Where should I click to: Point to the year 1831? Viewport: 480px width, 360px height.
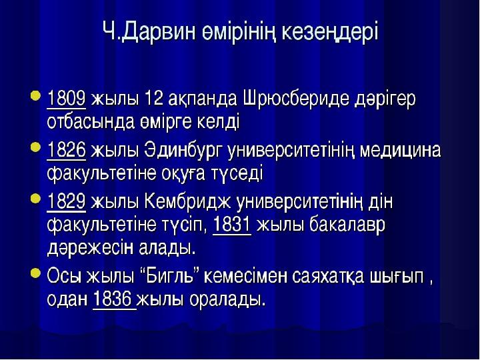tap(231, 225)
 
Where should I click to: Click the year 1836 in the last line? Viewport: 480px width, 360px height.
tap(114, 299)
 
